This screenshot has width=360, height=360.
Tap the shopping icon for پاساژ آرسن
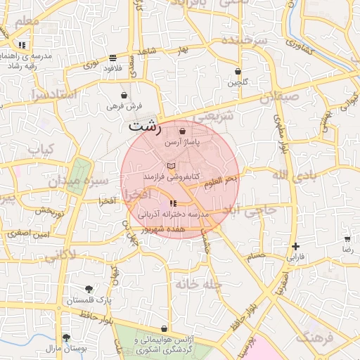click(x=183, y=131)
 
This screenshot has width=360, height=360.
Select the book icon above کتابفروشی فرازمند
click(x=171, y=165)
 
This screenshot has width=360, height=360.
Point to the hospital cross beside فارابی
click(x=296, y=246)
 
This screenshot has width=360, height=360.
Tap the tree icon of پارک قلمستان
click(x=89, y=289)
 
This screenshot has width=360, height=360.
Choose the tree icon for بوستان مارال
click(x=66, y=337)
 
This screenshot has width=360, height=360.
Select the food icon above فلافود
click(x=113, y=58)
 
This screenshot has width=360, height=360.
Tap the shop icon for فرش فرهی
click(x=124, y=95)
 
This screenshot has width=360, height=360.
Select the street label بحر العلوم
click(x=221, y=181)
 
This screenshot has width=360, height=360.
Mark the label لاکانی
click(x=60, y=257)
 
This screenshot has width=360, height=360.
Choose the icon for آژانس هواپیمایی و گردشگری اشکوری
click(x=164, y=328)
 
